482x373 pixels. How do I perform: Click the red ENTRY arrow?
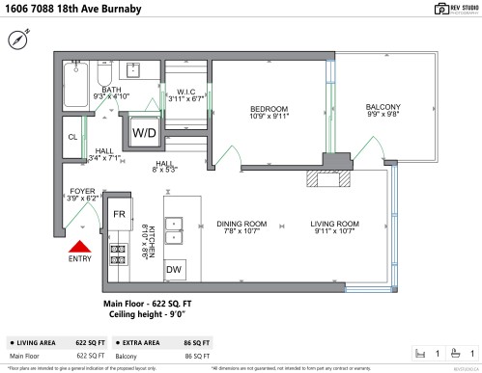coord(81,248)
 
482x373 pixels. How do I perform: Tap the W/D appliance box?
coord(144,132)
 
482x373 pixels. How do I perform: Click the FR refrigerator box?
coord(119,213)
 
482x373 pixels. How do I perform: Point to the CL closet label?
coord(72,137)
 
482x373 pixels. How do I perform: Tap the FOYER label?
coord(82,192)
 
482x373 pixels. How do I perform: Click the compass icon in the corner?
coord(16,40)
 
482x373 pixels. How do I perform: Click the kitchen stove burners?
coord(119,254)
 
